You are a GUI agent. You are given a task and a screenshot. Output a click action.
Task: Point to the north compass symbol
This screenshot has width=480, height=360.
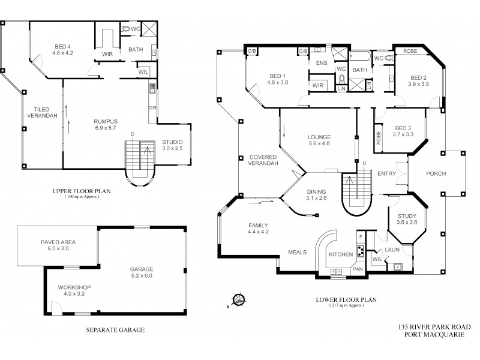tap(239, 298)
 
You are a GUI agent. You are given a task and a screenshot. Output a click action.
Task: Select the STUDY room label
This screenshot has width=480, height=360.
tap(406, 218)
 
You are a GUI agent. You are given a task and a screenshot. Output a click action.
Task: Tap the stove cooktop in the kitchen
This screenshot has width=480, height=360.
tap(362, 251)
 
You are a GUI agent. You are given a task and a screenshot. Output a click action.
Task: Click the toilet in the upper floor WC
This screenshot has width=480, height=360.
tap(126, 28)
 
